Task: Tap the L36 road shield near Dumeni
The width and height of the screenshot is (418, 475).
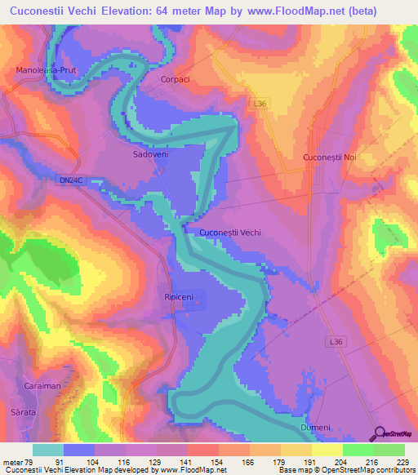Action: pyautogui.click(x=337, y=340)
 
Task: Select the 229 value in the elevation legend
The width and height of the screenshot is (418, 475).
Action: pyautogui.click(x=402, y=461)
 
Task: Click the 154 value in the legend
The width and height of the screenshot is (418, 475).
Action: pyautogui.click(x=216, y=461)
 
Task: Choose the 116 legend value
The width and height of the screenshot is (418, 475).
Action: pyautogui.click(x=124, y=461)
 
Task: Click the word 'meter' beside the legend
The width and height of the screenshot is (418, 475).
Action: pyautogui.click(x=12, y=461)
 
